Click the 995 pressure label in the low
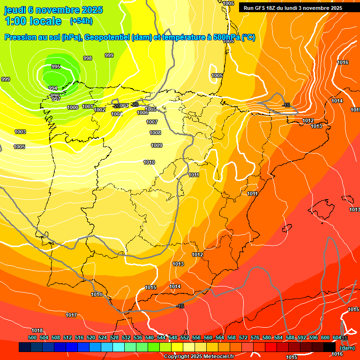pyautogui.click(x=56, y=67)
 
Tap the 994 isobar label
pyautogui.click(x=53, y=88)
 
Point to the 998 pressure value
pyautogui.click(x=88, y=58)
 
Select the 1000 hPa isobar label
pyautogui.click(x=73, y=107)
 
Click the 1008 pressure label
pyautogui.click(x=155, y=133)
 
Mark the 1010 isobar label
pyautogui.click(x=149, y=162)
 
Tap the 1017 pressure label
pyautogui.click(x=71, y=315)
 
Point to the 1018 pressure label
pyautogui.click(x=37, y=330)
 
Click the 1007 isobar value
pyautogui.click(x=152, y=122)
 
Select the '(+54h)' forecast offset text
pyautogui.click(x=81, y=21)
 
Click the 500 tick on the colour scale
pyautogui.click(x=32, y=337)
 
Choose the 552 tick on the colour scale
pyautogui.click(x=185, y=337)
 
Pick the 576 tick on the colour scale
pyautogui.click(x=255, y=337)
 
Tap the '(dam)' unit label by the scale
pyautogui.click(x=347, y=348)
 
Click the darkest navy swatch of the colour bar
pyautogui.click(x=25, y=347)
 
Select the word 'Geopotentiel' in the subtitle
pyautogui.click(x=107, y=37)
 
